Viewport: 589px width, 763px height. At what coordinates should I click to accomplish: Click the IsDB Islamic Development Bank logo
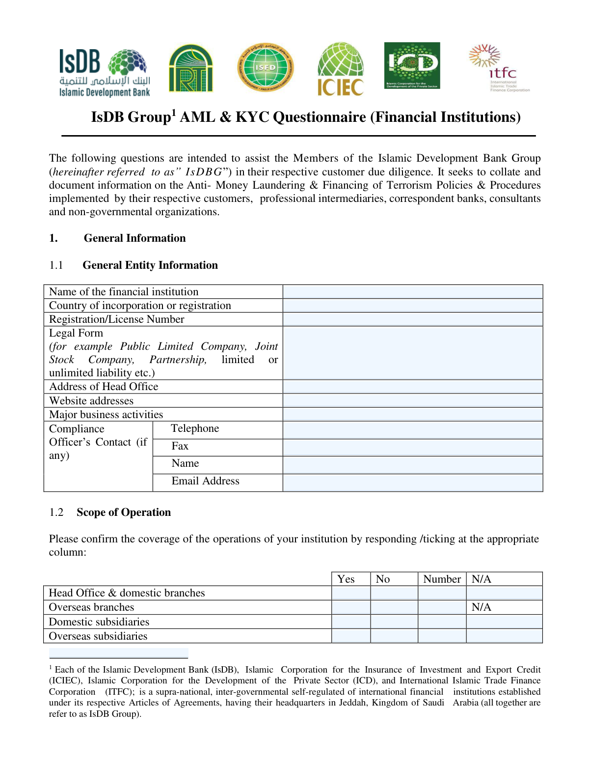click(104, 72)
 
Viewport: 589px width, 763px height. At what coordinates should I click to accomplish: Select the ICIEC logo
click(341, 69)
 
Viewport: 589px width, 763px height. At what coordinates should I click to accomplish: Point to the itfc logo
click(499, 68)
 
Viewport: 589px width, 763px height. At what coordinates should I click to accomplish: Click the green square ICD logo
click(412, 65)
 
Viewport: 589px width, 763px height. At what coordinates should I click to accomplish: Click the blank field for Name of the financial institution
click(412, 292)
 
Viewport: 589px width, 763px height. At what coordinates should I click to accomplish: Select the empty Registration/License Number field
click(412, 319)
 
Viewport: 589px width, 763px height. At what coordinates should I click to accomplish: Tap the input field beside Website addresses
click(412, 400)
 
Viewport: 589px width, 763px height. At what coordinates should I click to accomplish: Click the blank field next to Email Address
click(412, 482)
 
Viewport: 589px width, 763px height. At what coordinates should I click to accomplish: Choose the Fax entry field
click(412, 447)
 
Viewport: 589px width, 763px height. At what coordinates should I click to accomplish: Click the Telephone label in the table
click(195, 428)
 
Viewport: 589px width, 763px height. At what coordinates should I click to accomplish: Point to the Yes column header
click(346, 579)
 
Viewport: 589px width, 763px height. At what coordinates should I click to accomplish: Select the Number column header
click(442, 579)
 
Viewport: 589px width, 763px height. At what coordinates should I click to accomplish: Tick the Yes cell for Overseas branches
click(351, 607)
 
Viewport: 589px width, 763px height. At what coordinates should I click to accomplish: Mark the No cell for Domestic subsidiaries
click(394, 622)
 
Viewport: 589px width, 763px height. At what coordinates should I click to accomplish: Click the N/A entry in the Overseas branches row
click(481, 607)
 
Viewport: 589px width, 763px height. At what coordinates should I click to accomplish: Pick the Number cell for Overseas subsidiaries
click(442, 636)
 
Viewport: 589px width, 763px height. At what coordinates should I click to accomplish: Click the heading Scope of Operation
click(124, 512)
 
